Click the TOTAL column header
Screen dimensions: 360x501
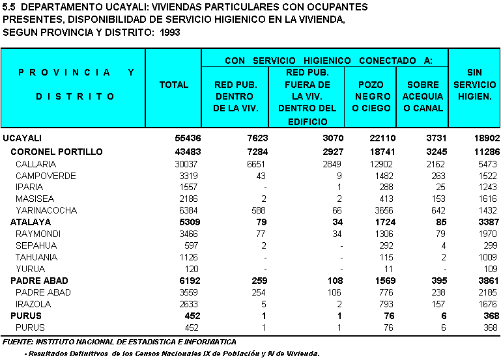[x=174, y=85]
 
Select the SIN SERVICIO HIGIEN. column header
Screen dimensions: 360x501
[x=474, y=85]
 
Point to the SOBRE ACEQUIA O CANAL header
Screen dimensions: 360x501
[x=423, y=96]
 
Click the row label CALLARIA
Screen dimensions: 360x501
[x=36, y=164]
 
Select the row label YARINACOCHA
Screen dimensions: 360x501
[x=46, y=210]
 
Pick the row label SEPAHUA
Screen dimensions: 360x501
[x=36, y=245]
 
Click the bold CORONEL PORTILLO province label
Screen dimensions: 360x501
[x=57, y=152]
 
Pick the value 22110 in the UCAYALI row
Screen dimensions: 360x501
[x=375, y=139]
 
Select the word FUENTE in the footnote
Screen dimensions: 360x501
[x=18, y=342]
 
